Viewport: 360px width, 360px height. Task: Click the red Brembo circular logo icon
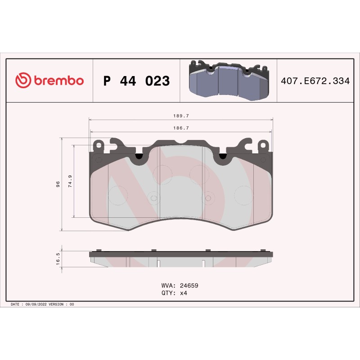pyautogui.click(x=23, y=80)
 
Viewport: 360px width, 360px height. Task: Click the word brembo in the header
pyautogui.click(x=59, y=80)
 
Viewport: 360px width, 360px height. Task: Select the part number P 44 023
pyautogui.click(x=137, y=81)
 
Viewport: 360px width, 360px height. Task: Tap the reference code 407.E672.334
pyautogui.click(x=315, y=81)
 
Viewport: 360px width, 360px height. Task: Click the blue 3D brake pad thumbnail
pyautogui.click(x=229, y=81)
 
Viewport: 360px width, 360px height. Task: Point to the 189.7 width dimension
pyautogui.click(x=181, y=116)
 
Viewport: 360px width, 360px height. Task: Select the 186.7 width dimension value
pyautogui.click(x=181, y=128)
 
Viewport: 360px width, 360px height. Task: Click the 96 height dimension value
pyautogui.click(x=58, y=184)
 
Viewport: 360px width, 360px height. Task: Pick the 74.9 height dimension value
pyautogui.click(x=70, y=181)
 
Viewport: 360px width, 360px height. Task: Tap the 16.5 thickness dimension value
pyautogui.click(x=58, y=259)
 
